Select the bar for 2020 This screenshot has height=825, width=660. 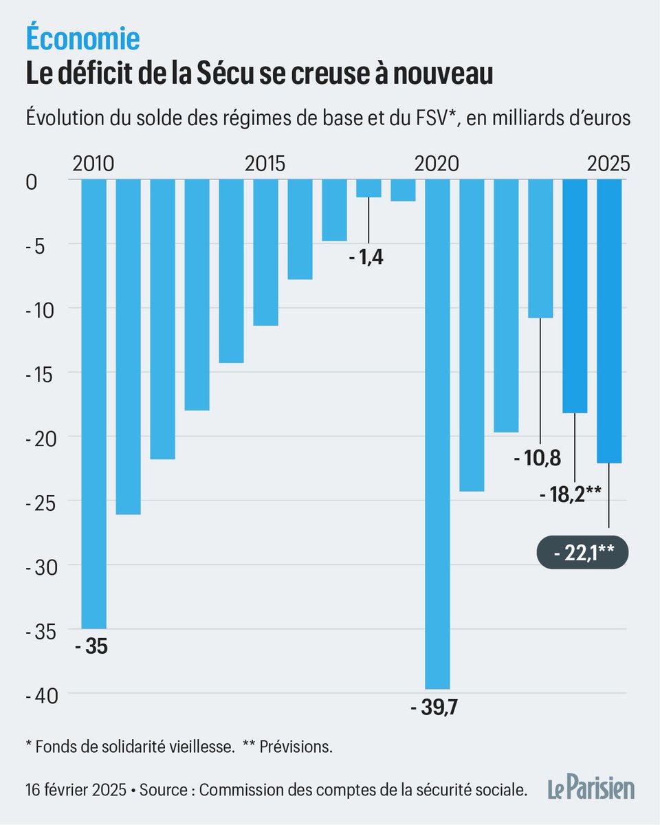tap(437, 433)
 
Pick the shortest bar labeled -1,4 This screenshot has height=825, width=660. tap(368, 188)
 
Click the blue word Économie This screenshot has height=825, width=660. tap(82, 39)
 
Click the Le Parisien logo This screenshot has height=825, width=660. tap(591, 789)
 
